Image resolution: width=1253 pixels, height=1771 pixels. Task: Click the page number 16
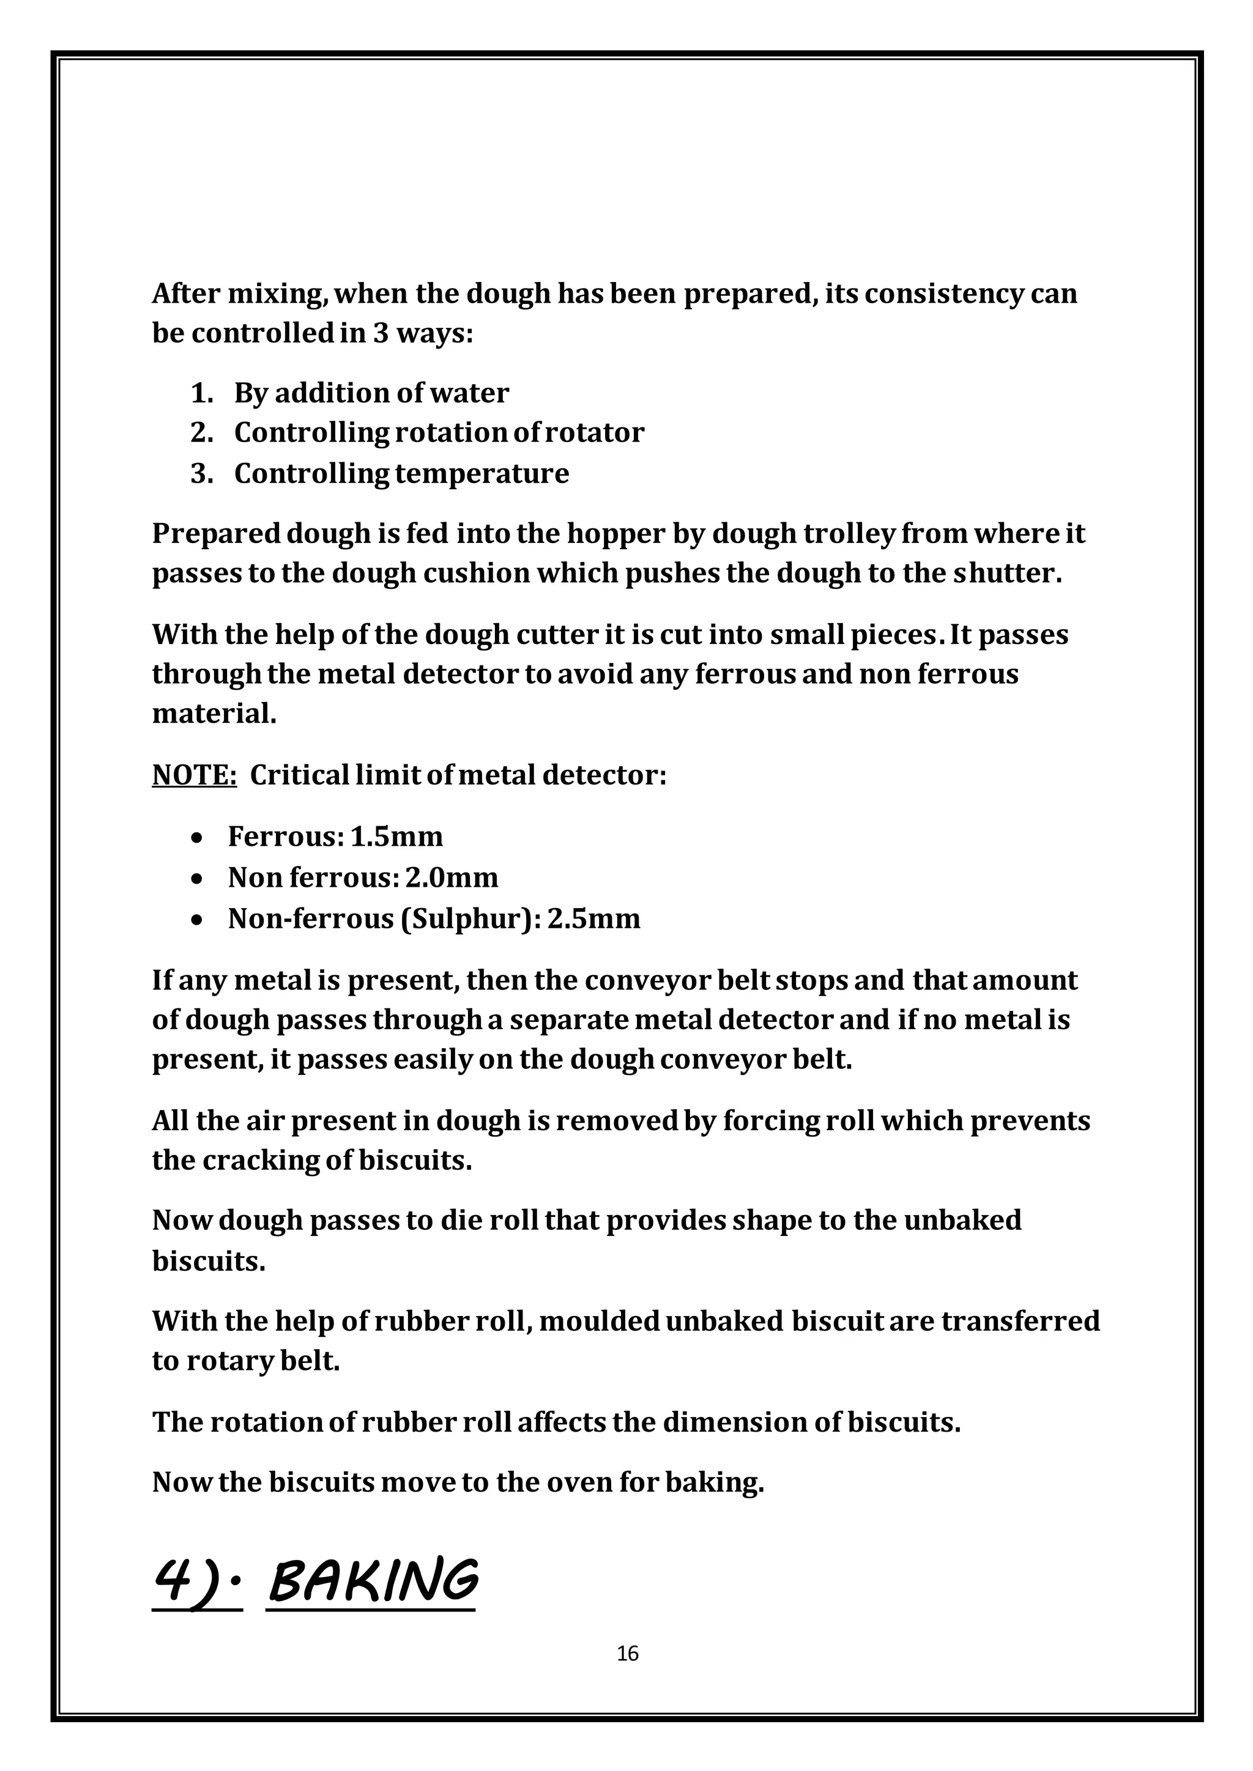click(x=627, y=1653)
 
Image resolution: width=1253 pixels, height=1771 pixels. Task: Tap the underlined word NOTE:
click(x=195, y=774)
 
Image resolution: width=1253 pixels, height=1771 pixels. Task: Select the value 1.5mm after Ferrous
click(x=396, y=836)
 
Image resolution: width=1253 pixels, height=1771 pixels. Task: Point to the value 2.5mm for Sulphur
click(x=593, y=919)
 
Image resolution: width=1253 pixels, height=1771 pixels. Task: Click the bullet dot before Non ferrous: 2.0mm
click(x=198, y=879)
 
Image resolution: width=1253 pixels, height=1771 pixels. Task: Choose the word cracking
click(x=262, y=1160)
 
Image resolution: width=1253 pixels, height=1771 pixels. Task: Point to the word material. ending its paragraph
click(x=214, y=714)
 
